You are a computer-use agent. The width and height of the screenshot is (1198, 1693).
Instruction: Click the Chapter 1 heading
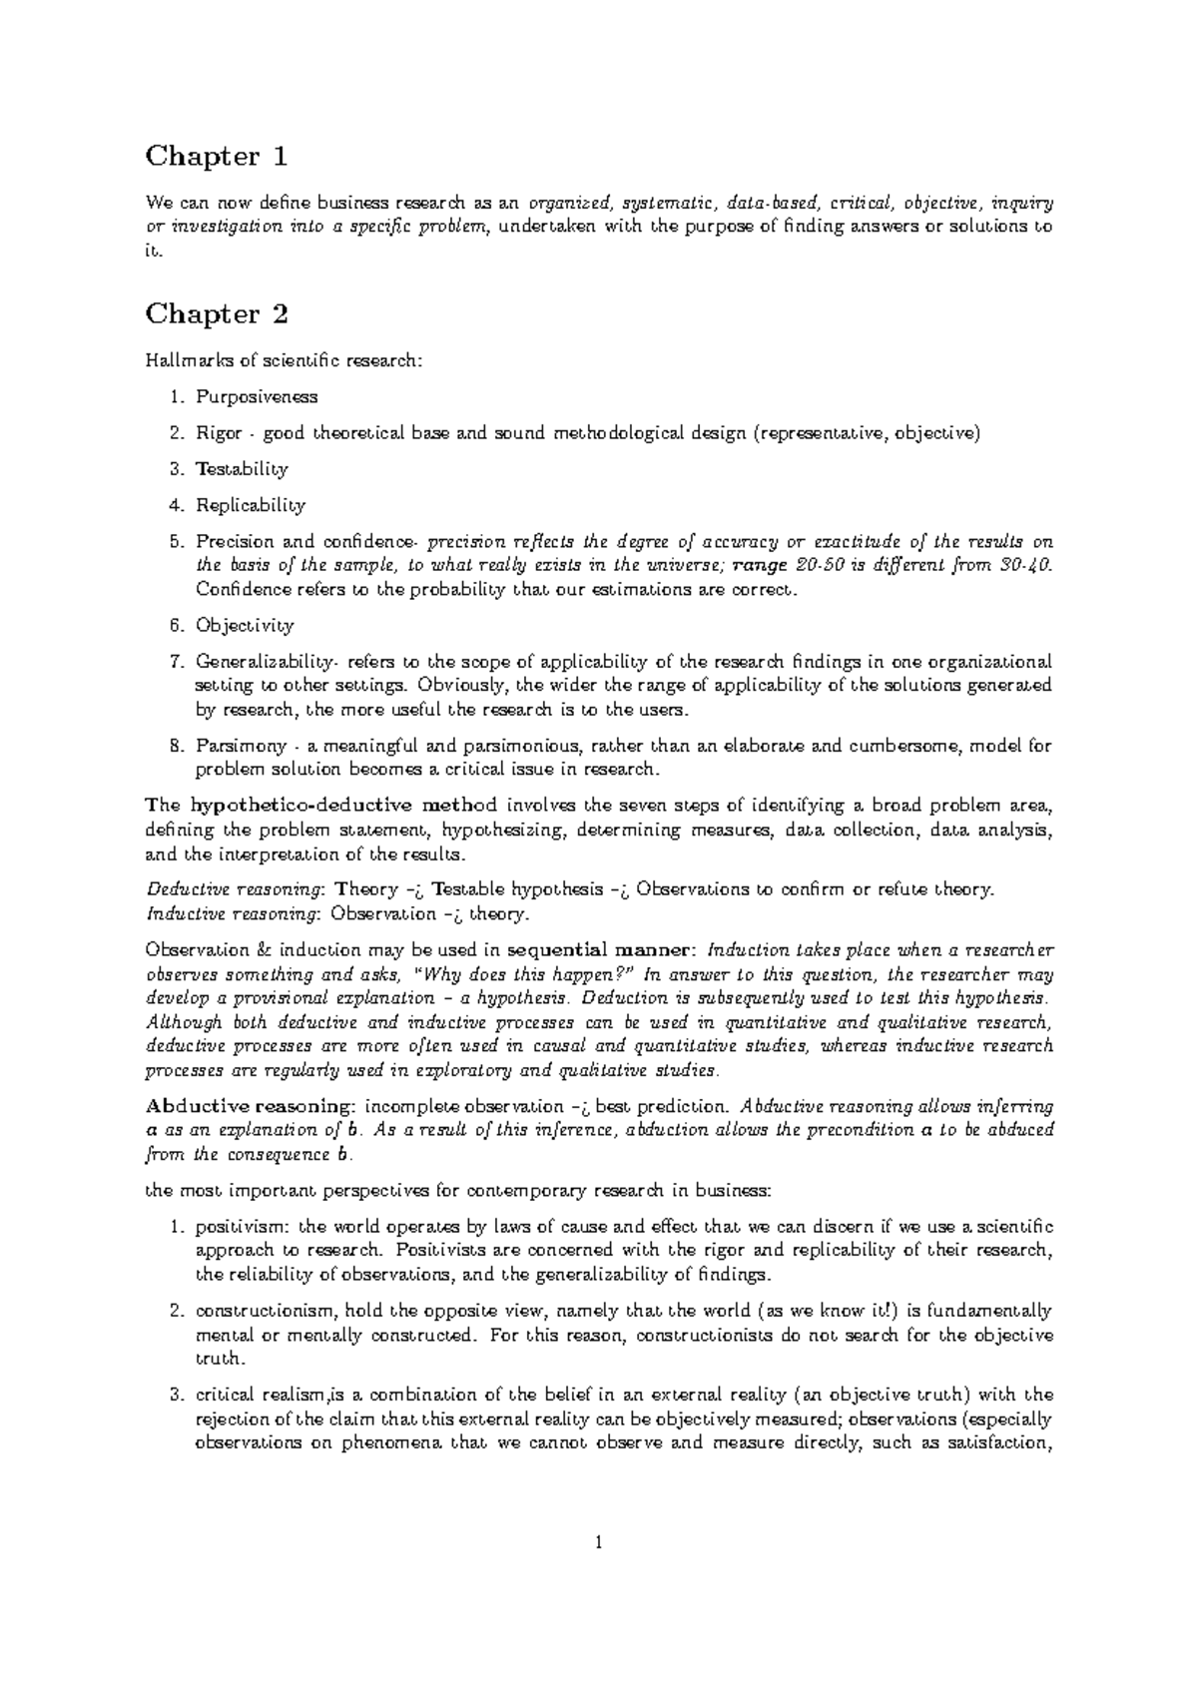click(217, 157)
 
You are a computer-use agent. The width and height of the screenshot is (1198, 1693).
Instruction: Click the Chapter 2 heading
click(217, 314)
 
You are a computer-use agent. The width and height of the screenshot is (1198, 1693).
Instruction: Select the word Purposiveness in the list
click(257, 397)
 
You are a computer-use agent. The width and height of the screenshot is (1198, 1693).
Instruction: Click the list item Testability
click(242, 469)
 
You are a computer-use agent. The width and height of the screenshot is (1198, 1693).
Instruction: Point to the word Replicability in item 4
click(251, 505)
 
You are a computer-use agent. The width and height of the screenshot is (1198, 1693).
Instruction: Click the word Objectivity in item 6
click(245, 626)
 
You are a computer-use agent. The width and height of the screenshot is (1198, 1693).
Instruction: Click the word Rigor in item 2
click(219, 433)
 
